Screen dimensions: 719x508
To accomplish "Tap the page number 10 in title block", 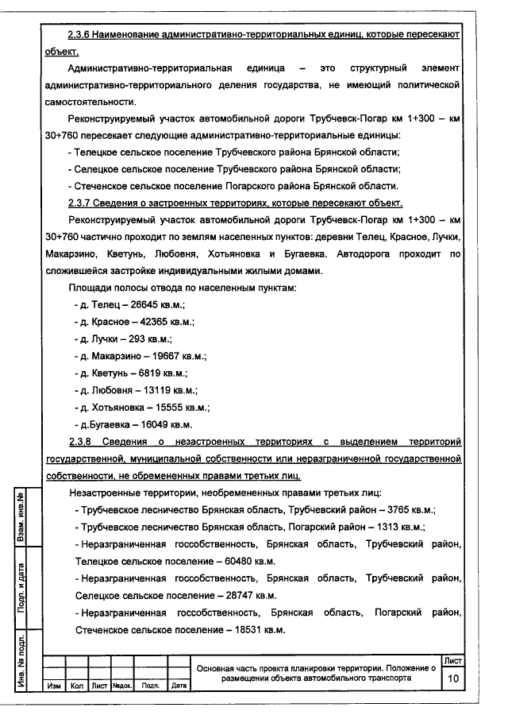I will click(x=453, y=679).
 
